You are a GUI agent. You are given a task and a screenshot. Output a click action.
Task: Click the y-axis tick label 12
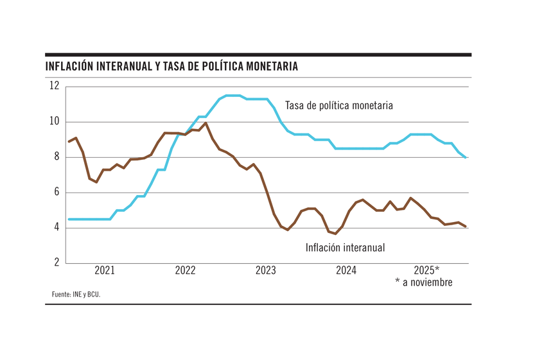pyautogui.click(x=53, y=86)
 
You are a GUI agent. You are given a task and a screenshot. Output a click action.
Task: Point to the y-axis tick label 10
pyautogui.click(x=53, y=121)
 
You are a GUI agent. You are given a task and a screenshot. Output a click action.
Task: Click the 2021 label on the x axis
pyautogui.click(x=105, y=270)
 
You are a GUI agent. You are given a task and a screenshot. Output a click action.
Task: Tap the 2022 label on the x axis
pyautogui.click(x=185, y=270)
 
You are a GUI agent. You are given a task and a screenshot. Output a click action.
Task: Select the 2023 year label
pyautogui.click(x=266, y=270)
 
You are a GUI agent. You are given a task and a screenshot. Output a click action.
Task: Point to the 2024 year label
pyautogui.click(x=346, y=270)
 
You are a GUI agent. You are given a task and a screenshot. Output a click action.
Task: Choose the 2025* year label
pyautogui.click(x=426, y=270)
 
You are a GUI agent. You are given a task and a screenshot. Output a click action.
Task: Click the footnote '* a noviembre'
pyautogui.click(x=424, y=282)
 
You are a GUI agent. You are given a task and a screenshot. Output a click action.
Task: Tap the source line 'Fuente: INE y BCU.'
pyautogui.click(x=76, y=295)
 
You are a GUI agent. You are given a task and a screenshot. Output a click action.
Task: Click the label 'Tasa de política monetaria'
pyautogui.click(x=338, y=105)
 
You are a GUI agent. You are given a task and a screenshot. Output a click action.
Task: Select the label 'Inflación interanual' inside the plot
pyautogui.click(x=345, y=247)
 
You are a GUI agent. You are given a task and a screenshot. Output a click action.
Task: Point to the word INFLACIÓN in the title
pyautogui.click(x=70, y=67)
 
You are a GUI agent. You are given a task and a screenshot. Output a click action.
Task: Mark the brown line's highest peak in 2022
pyautogui.click(x=206, y=123)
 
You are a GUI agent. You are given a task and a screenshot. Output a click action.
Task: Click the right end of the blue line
pyautogui.click(x=466, y=157)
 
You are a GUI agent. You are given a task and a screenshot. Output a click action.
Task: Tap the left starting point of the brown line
pyautogui.click(x=69, y=141)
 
